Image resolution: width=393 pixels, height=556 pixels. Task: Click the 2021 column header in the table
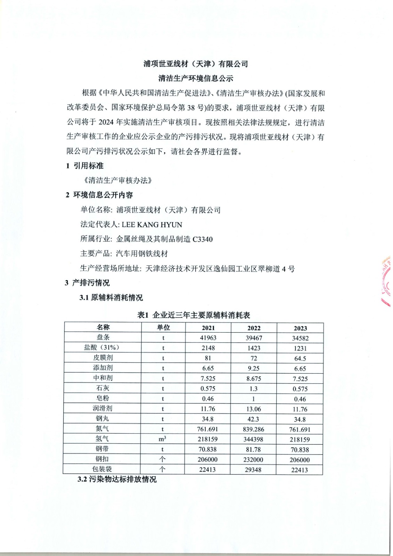click(208, 328)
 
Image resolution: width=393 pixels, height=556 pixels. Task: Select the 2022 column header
click(254, 328)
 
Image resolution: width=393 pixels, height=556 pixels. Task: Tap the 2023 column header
click(300, 328)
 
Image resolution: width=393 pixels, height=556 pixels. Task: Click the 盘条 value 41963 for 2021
click(208, 338)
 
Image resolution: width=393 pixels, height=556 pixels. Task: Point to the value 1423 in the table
click(254, 348)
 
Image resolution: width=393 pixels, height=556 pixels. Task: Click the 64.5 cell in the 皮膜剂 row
click(300, 359)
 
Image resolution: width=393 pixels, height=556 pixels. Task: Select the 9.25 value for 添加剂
click(254, 368)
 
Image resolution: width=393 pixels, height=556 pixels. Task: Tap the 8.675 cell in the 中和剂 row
click(254, 378)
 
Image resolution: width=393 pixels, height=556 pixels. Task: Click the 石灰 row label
click(103, 388)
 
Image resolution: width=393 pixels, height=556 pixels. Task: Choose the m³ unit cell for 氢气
click(162, 439)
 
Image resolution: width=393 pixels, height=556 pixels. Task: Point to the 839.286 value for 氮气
click(254, 429)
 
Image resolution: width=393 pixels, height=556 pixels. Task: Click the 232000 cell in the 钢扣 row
click(253, 459)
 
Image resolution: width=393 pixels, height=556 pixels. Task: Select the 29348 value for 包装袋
click(253, 470)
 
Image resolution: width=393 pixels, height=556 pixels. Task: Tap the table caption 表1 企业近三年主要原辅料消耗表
click(194, 315)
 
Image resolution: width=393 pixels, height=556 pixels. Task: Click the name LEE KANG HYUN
click(152, 224)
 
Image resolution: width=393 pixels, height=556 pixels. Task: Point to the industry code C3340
click(202, 239)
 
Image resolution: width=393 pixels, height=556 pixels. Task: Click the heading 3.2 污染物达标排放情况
click(117, 479)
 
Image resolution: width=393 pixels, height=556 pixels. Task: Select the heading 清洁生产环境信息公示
click(196, 79)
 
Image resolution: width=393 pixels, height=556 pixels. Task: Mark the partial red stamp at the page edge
click(386, 281)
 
